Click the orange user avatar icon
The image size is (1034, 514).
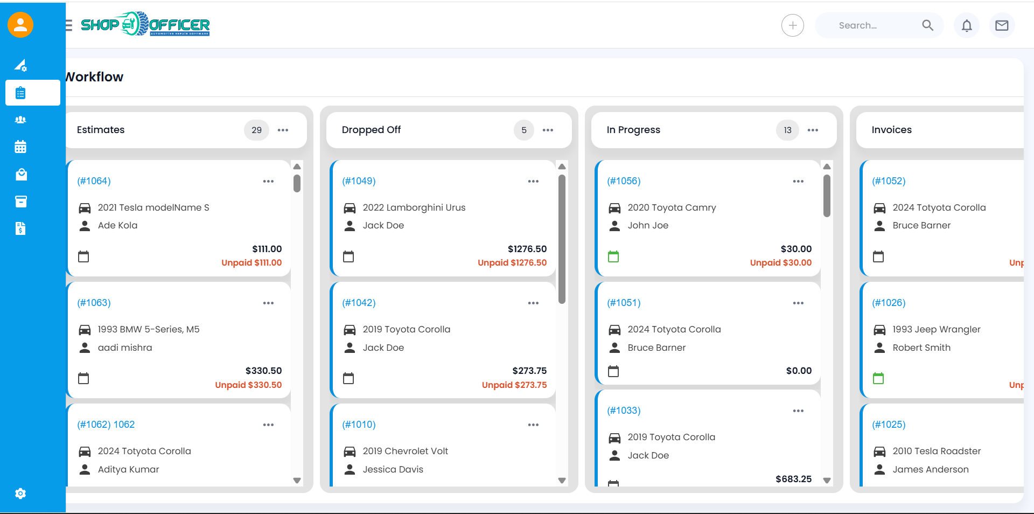pyautogui.click(x=20, y=25)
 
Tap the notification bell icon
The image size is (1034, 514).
pyautogui.click(x=967, y=25)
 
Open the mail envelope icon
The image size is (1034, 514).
pyautogui.click(x=1002, y=25)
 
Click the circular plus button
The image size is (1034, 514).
pyautogui.click(x=793, y=25)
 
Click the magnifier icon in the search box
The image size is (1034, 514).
pyautogui.click(x=927, y=25)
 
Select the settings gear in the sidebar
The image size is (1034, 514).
pyautogui.click(x=20, y=494)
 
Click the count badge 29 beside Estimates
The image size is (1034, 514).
pyautogui.click(x=256, y=130)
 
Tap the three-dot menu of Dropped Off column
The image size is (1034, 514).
pyautogui.click(x=548, y=130)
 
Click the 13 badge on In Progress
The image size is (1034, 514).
pyautogui.click(x=787, y=130)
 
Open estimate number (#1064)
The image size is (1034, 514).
pyautogui.click(x=94, y=181)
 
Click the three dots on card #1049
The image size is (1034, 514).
pyautogui.click(x=533, y=181)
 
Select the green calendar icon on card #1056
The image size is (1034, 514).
pyautogui.click(x=613, y=256)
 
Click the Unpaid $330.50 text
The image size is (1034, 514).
pyautogui.click(x=248, y=385)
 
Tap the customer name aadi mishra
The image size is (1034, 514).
pyautogui.click(x=125, y=348)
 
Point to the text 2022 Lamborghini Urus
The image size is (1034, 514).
pyautogui.click(x=414, y=207)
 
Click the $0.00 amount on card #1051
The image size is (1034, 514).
pyautogui.click(x=799, y=371)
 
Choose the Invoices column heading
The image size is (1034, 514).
pyautogui.click(x=891, y=130)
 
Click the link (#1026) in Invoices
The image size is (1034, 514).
pyautogui.click(x=889, y=303)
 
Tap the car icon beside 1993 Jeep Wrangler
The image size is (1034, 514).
pyautogui.click(x=879, y=330)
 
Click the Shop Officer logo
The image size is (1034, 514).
pyautogui.click(x=145, y=24)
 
